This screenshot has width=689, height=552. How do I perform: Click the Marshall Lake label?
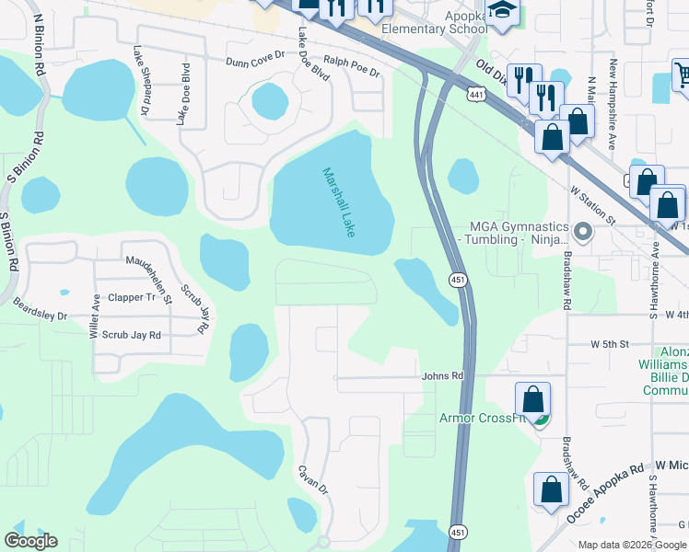[x=338, y=202]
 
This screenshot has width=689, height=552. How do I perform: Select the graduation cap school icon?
[x=502, y=11]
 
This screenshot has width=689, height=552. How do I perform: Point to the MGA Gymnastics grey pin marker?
[x=581, y=230]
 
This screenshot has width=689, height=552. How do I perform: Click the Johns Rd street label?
[x=442, y=375]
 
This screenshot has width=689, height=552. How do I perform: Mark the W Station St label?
[x=592, y=205]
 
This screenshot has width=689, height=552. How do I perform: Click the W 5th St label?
[x=609, y=344]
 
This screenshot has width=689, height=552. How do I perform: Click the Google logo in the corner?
[x=30, y=541]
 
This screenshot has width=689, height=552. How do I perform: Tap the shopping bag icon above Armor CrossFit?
[x=532, y=399]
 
